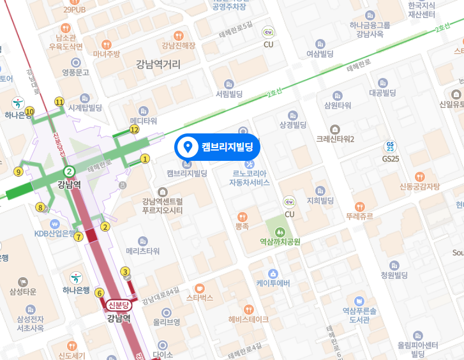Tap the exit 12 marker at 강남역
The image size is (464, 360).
click(134, 130)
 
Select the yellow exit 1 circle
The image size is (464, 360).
click(145, 158)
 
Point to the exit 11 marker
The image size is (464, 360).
click(59, 101)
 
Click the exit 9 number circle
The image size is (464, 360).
click(18, 171)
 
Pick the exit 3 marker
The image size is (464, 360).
click(126, 272)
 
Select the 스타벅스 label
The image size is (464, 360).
click(200, 297)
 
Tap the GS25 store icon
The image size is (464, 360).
click(390, 146)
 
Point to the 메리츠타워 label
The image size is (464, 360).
click(143, 251)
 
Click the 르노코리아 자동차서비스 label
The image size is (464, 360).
click(250, 177)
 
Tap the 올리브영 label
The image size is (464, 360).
click(167, 322)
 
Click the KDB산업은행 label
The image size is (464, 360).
click(55, 233)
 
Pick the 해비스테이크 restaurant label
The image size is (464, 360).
click(248, 319)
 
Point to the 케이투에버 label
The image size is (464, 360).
click(273, 283)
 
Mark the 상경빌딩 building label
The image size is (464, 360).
click(293, 124)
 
